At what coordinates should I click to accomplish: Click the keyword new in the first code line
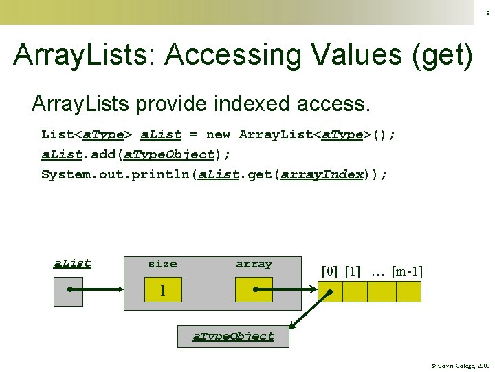click(x=219, y=134)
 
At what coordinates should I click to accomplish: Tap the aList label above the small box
click(x=72, y=264)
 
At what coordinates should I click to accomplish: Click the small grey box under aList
click(x=68, y=291)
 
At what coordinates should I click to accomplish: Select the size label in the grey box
click(x=162, y=264)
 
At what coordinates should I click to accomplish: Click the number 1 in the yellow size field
click(x=163, y=291)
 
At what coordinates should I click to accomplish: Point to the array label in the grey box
click(x=254, y=264)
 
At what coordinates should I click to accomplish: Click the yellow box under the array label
click(x=254, y=290)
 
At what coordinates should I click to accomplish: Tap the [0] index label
click(x=330, y=271)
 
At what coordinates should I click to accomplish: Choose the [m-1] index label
click(x=407, y=271)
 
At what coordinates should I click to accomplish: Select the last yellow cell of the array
click(x=408, y=292)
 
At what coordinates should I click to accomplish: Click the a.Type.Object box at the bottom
click(x=233, y=336)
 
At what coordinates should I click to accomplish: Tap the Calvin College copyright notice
click(x=460, y=365)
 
